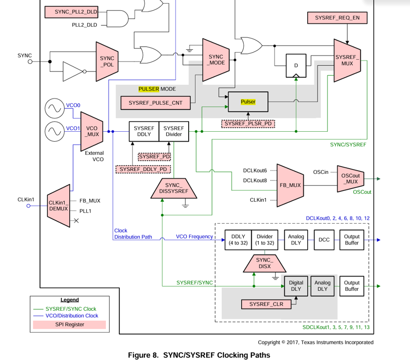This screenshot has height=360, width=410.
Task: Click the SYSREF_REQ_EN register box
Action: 337,18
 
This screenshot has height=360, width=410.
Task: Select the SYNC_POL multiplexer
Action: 107,62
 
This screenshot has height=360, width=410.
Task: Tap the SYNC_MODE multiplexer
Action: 216,60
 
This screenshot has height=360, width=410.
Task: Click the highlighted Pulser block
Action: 248,102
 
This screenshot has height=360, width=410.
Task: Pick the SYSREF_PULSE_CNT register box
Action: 155,103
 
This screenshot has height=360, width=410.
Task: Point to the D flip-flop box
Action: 296,65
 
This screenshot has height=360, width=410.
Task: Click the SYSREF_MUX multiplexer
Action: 347,60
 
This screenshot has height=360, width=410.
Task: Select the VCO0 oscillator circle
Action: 55,108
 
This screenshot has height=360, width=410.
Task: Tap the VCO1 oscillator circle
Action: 55,131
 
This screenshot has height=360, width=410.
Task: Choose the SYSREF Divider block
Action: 174,131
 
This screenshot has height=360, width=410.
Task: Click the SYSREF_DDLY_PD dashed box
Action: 143,169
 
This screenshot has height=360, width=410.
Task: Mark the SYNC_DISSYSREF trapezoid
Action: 173,189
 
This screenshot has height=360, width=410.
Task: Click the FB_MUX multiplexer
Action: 290,186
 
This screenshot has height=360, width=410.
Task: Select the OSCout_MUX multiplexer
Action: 351,179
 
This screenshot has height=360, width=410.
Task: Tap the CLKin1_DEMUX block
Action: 59,206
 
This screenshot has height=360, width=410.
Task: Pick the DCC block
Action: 324,240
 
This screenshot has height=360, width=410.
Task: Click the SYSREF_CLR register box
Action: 266,305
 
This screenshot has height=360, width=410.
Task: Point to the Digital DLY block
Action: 296,286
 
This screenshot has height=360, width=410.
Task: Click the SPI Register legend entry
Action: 70,324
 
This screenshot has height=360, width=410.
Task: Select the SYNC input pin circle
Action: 30,62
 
